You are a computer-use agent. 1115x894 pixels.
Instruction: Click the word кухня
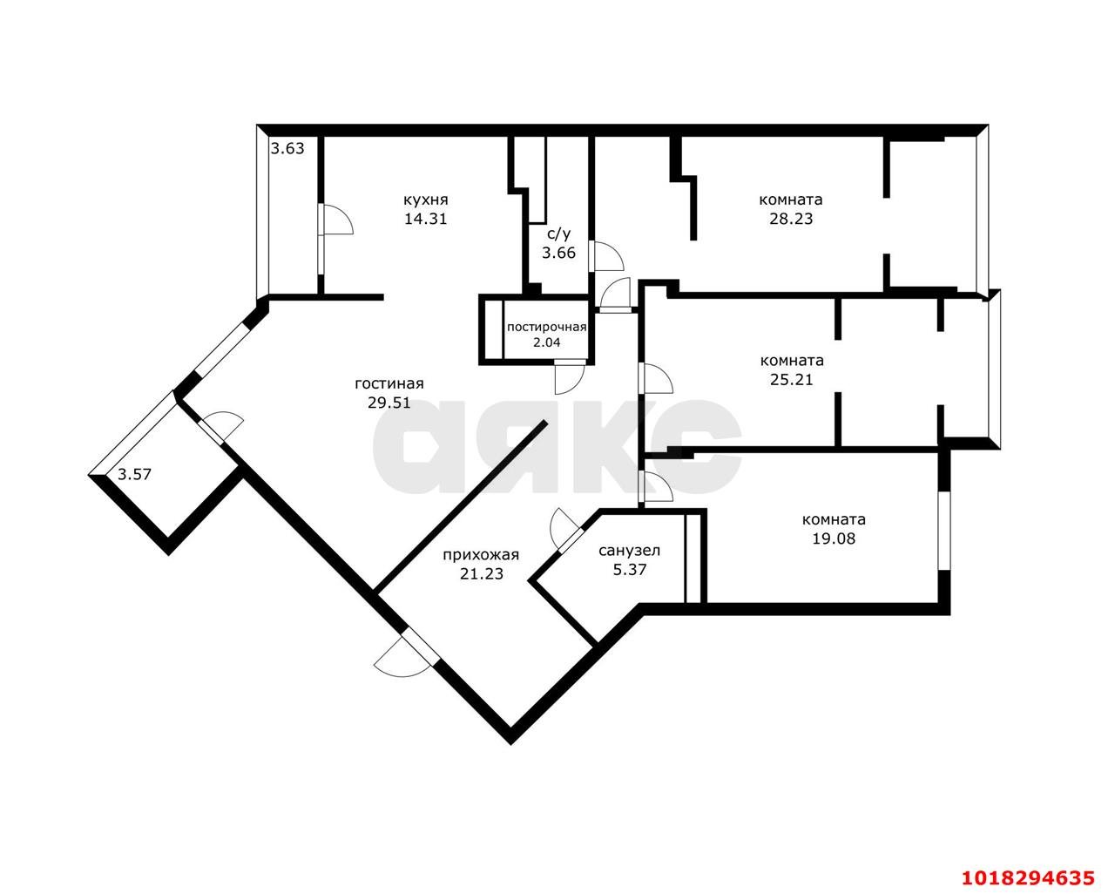point(425,200)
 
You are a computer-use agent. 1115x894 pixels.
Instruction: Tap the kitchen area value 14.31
point(425,219)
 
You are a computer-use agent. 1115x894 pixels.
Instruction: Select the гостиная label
point(389,383)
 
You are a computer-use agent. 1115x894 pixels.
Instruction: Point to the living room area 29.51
point(389,403)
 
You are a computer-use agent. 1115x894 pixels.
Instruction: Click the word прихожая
point(481,555)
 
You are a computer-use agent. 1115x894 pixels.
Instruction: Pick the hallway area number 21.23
point(482,574)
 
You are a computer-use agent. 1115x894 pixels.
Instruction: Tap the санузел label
point(630,551)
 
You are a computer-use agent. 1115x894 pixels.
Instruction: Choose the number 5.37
point(630,570)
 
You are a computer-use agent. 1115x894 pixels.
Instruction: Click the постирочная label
point(547,327)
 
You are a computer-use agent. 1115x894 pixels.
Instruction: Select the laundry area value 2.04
point(547,342)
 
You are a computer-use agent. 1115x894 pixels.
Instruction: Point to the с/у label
point(558,234)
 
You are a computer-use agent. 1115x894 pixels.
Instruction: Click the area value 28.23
point(791,219)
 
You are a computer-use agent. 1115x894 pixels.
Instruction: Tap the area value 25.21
point(791,379)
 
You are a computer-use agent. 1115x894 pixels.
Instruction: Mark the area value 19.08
point(834,538)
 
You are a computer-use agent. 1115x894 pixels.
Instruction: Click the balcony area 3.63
point(287,149)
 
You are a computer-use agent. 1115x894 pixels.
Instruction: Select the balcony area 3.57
point(134,474)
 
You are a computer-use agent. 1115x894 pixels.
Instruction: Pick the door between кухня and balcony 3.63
point(337,220)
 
